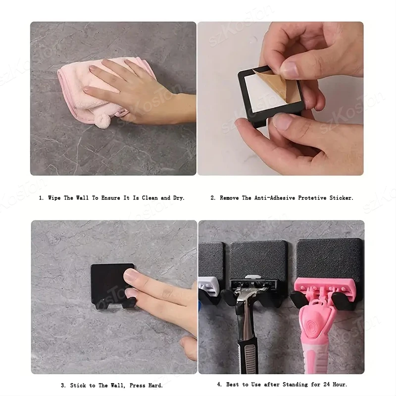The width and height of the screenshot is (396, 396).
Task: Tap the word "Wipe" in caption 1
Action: [54, 198]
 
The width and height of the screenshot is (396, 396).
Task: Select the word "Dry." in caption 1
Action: [179, 198]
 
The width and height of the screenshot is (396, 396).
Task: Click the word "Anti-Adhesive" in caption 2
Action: [275, 198]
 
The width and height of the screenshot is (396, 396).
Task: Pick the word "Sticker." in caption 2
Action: [341, 198]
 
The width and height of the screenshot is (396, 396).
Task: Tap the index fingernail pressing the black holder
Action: [130, 276]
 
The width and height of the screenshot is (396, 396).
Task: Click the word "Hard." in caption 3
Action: [155, 386]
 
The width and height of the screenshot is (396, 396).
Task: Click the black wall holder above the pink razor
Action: [329, 260]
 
